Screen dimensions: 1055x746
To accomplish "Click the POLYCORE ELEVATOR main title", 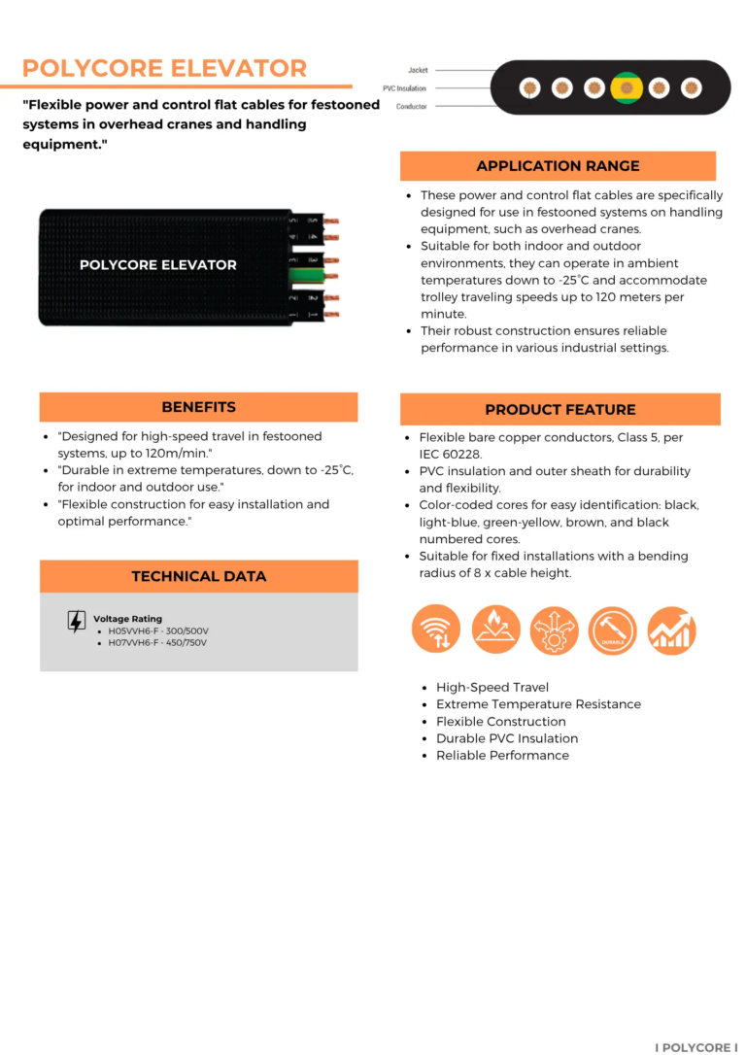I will click(x=164, y=68).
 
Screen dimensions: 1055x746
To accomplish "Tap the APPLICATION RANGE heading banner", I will click(x=558, y=166).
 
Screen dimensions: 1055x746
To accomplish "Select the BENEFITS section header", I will click(x=198, y=407).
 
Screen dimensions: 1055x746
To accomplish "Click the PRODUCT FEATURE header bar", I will click(x=560, y=409).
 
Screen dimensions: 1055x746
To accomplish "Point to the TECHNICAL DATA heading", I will click(x=198, y=576).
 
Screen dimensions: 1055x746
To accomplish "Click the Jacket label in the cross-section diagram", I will click(x=418, y=70).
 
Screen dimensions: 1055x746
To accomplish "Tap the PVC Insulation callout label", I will click(x=404, y=88).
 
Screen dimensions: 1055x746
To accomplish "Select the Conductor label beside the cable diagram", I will click(x=411, y=106).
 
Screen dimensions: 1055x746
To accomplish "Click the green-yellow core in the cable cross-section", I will click(x=627, y=88).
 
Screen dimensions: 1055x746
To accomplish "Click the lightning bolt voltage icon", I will click(x=76, y=622).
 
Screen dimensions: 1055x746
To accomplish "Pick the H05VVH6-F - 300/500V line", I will click(x=158, y=630).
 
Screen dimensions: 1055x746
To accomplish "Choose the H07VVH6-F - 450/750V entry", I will click(x=158, y=642).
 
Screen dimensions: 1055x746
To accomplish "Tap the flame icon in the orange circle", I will click(x=495, y=630).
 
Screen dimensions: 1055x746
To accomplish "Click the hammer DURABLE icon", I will click(x=612, y=630).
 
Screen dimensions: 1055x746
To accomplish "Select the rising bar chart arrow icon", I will click(x=671, y=630).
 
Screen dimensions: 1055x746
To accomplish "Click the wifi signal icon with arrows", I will click(x=436, y=630).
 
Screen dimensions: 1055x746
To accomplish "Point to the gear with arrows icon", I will click(x=554, y=630).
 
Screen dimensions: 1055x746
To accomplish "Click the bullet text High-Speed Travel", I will click(x=492, y=687).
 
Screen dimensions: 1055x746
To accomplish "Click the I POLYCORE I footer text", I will click(x=695, y=1047).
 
